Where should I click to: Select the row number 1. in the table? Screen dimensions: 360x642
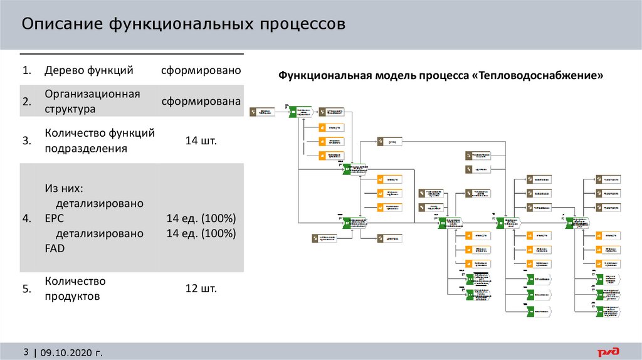27,70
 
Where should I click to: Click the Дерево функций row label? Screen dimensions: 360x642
89,70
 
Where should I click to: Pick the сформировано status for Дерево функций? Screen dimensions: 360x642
201,70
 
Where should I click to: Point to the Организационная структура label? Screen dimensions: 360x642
92,101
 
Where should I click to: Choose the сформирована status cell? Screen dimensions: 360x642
201,102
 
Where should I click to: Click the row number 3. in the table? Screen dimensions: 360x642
27,141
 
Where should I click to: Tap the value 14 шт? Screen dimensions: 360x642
201,141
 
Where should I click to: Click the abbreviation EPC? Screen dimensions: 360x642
55,218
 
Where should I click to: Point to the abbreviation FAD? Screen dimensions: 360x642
55,248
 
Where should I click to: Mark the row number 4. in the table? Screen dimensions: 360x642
27,218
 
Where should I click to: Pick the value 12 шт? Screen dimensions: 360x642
201,289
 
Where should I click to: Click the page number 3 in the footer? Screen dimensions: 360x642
26,352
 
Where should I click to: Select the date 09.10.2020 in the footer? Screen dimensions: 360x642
67,352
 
